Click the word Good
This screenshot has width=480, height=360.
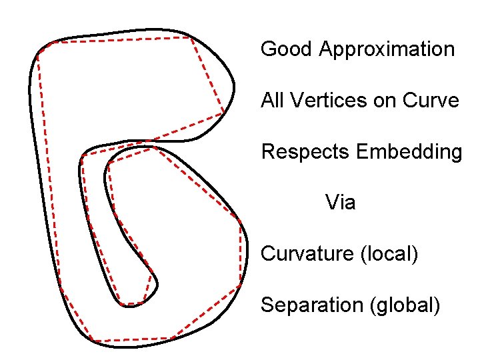click(287, 49)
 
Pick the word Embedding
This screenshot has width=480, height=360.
click(409, 153)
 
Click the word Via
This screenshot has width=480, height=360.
click(340, 202)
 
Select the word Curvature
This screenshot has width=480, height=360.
click(307, 254)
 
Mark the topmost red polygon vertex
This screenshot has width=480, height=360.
click(191, 37)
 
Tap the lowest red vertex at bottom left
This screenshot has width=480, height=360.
click(91, 341)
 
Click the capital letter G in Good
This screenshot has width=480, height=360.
click(269, 49)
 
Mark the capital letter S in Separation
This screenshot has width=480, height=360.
click(267, 305)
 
